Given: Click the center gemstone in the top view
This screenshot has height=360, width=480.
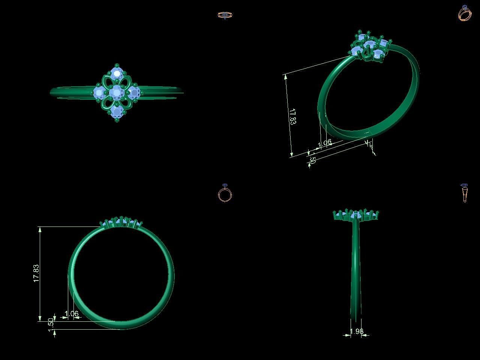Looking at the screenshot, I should pyautogui.click(x=117, y=91).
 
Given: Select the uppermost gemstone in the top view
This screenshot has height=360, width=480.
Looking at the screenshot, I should pyautogui.click(x=117, y=72).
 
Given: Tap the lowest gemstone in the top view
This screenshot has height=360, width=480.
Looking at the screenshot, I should pyautogui.click(x=117, y=111).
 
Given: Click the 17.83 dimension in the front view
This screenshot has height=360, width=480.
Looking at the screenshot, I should pyautogui.click(x=36, y=273).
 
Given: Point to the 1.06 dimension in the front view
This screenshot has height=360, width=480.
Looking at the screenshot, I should pyautogui.click(x=72, y=314).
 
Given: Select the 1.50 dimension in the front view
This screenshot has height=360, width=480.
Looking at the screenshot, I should pyautogui.click(x=51, y=324).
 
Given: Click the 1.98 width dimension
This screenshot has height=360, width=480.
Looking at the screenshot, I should pyautogui.click(x=356, y=331).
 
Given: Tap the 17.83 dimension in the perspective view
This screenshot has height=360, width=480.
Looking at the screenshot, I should pyautogui.click(x=292, y=116).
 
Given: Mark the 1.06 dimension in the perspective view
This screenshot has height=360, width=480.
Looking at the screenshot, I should pyautogui.click(x=325, y=143).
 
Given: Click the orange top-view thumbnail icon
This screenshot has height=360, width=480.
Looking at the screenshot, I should pyautogui.click(x=225, y=15).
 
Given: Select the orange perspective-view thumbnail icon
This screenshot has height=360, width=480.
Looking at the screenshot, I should pyautogui.click(x=465, y=13).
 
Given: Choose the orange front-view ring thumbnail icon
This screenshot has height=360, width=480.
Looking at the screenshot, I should pyautogui.click(x=225, y=193).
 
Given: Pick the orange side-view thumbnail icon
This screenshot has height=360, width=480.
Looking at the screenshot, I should pyautogui.click(x=464, y=193).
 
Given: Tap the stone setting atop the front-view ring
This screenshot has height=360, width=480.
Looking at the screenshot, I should pyautogui.click(x=121, y=222).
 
